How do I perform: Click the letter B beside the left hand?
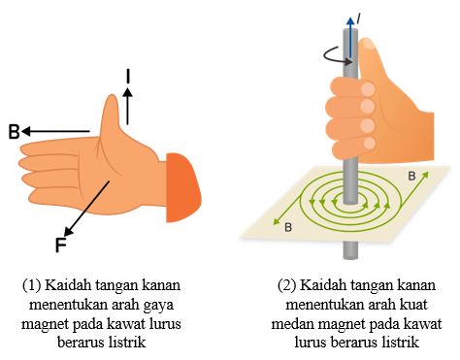click(14, 132)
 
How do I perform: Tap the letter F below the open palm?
click(61, 245)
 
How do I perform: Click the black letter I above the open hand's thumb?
click(128, 77)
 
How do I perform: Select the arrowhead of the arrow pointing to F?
click(68, 231)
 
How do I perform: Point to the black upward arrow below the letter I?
click(128, 106)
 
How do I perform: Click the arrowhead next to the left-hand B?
click(26, 131)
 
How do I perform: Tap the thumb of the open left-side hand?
click(111, 114)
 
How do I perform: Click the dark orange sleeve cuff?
click(183, 187)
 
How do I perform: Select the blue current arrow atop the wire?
click(350, 37)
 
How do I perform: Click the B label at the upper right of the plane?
click(411, 176)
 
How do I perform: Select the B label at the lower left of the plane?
click(288, 227)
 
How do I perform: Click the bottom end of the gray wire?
click(350, 257)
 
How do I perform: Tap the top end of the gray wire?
click(350, 31)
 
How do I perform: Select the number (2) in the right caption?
click(286, 285)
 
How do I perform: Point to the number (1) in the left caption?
click(31, 285)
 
